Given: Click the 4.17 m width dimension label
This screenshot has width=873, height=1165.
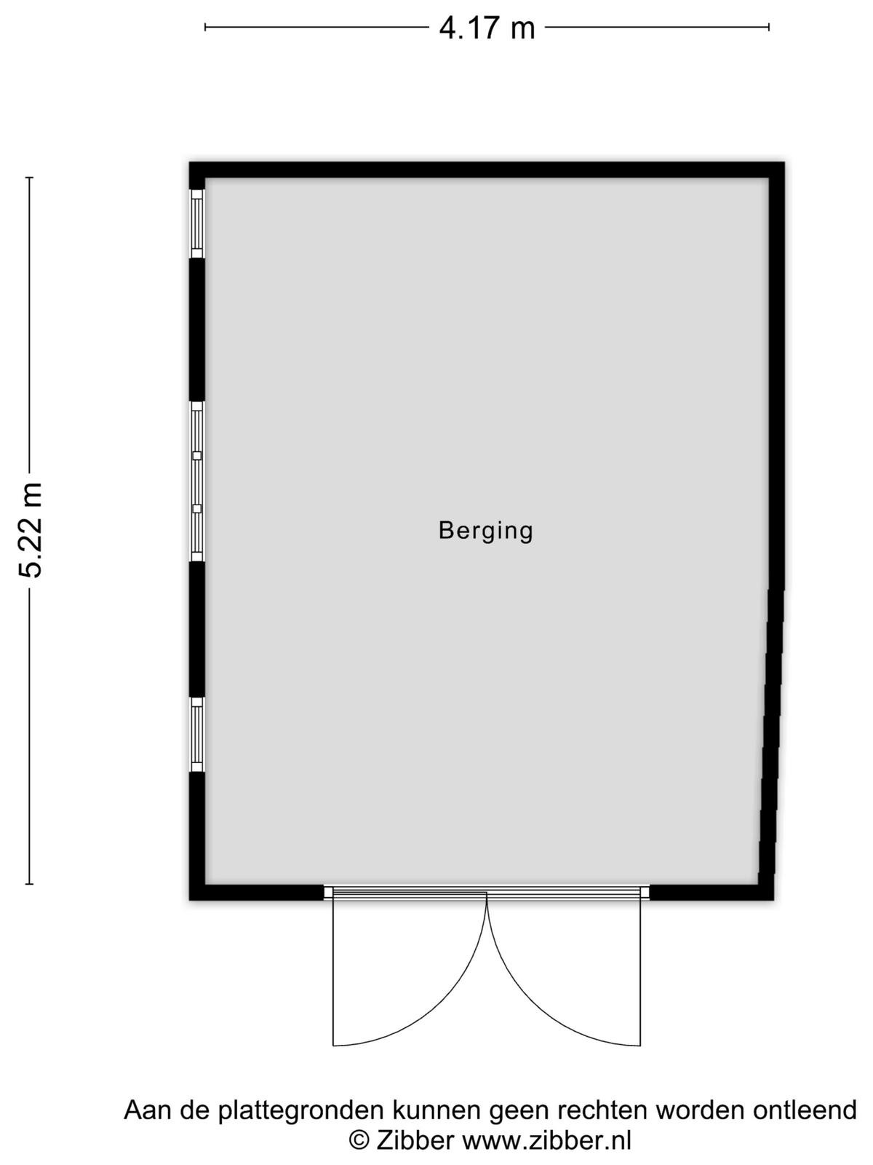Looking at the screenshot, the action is coord(487,28).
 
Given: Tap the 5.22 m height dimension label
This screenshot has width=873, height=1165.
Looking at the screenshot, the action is coord(31,530).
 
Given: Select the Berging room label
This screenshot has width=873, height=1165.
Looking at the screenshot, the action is coord(485,531).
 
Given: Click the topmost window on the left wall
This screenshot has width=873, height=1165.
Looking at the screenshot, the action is coord(196,224).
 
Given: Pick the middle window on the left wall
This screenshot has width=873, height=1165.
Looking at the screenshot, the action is coord(196,481).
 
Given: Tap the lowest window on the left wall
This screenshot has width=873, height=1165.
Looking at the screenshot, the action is coord(196,735).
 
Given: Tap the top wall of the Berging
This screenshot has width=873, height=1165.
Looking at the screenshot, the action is coord(487,170).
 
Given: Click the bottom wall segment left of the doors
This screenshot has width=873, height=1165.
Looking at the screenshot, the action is coord(257,893).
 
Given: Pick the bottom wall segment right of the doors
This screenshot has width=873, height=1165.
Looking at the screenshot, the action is coord(711,893).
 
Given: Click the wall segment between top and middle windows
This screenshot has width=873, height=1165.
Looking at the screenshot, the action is coord(196,330).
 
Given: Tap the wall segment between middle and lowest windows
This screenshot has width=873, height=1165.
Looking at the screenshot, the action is coord(196,630).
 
